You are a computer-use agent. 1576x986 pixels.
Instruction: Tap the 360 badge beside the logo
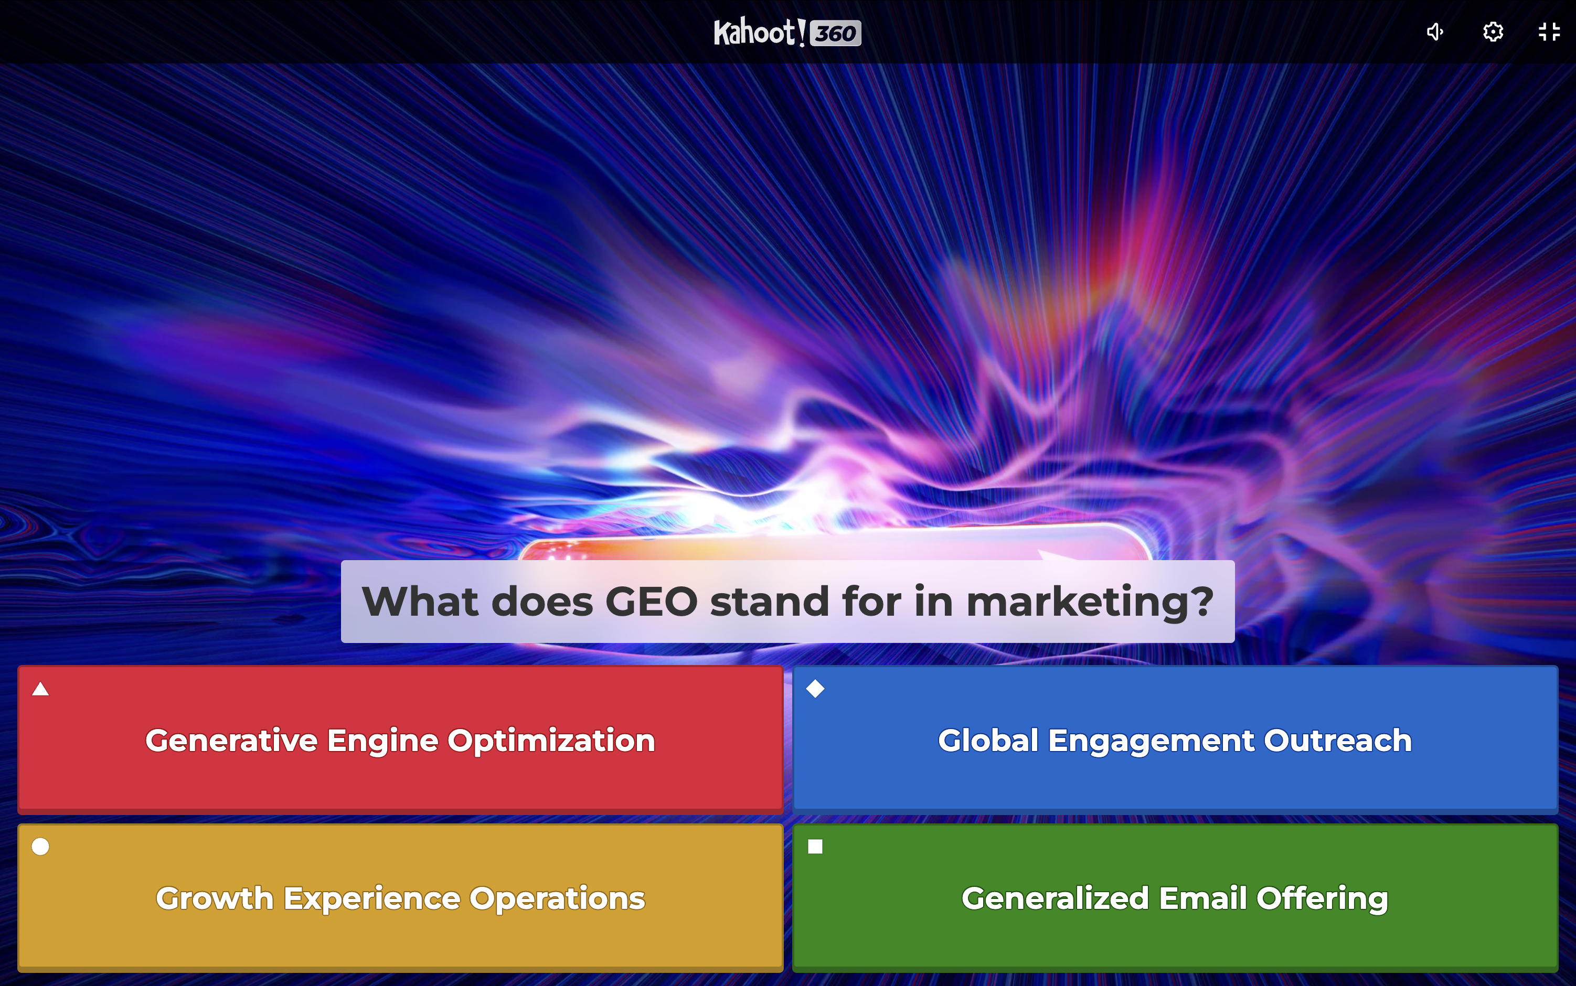point(836,33)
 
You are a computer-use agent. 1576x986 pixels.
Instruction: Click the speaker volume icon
point(1435,31)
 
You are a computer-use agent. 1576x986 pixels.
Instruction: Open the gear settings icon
point(1493,31)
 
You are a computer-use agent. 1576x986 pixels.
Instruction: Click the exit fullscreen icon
point(1549,31)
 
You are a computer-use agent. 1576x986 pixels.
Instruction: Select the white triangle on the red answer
point(40,689)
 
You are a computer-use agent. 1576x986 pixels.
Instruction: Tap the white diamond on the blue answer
point(815,689)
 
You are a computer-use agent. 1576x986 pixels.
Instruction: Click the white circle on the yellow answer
point(40,846)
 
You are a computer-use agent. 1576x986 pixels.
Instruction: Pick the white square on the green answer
point(815,846)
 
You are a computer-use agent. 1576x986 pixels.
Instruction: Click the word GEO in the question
point(652,601)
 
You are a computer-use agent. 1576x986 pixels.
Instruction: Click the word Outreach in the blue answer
point(1338,741)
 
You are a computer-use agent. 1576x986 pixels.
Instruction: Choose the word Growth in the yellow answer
point(215,898)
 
